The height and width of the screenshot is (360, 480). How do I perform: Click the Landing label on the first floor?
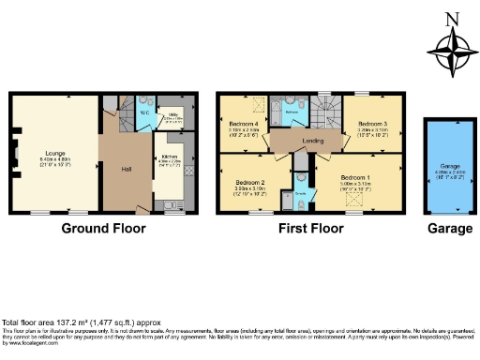tap(312, 142)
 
